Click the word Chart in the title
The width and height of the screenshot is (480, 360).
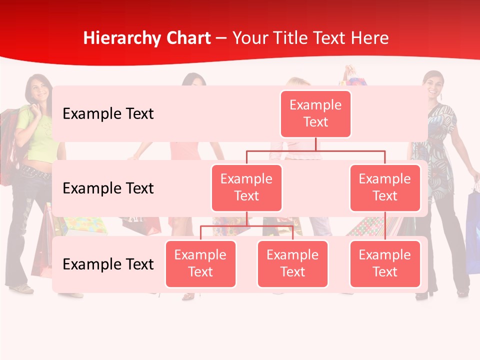[x=186, y=38]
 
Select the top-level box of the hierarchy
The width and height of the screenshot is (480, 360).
[x=315, y=113]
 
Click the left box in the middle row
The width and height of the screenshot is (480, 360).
[x=246, y=187]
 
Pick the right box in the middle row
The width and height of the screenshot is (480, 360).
[x=385, y=187]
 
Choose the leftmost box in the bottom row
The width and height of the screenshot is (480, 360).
[x=200, y=263]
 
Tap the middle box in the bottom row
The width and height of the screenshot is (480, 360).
[x=292, y=263]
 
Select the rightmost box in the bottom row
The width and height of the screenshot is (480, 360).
[x=385, y=263]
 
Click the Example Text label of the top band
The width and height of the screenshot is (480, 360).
[x=108, y=114]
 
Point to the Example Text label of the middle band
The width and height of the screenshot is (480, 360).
[x=108, y=188]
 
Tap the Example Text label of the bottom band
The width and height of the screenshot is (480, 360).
[x=108, y=264]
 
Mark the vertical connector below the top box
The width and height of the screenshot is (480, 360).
[x=315, y=144]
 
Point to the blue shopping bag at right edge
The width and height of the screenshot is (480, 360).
[x=472, y=230]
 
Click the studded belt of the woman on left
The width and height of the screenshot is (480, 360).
[x=35, y=173]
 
